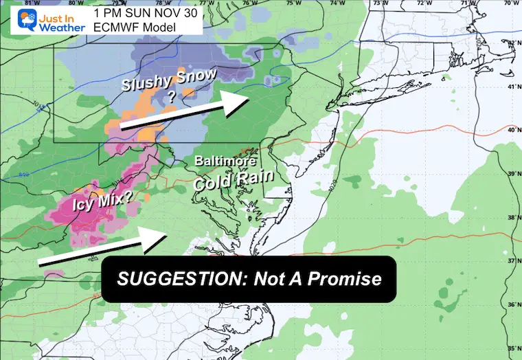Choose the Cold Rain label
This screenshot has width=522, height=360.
tap(233, 181)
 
